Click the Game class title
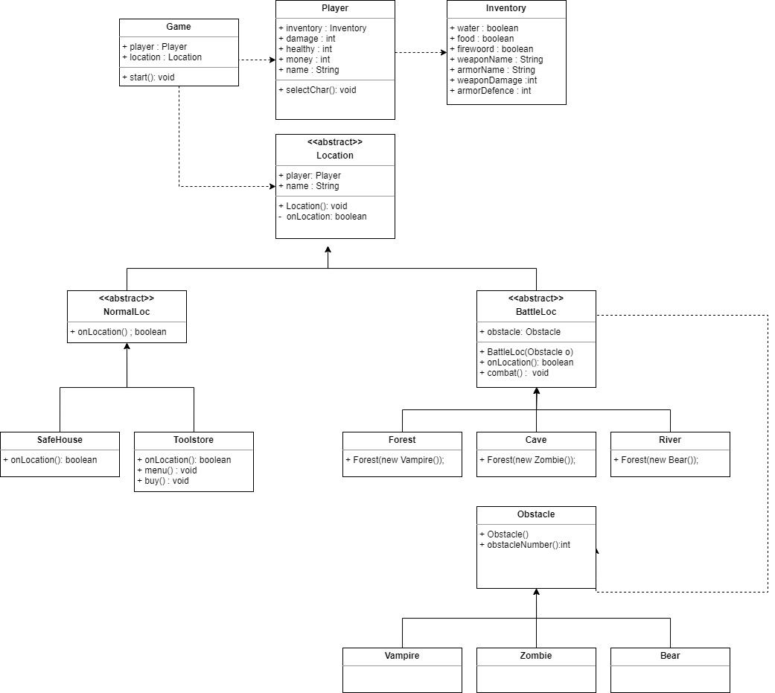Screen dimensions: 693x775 pyautogui.click(x=179, y=27)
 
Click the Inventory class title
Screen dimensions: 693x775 pyautogui.click(x=505, y=8)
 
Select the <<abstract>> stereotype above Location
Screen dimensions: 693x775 pyautogui.click(x=335, y=142)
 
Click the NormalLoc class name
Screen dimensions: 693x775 pyautogui.click(x=127, y=312)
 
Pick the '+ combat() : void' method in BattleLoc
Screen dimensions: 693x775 pyautogui.click(x=514, y=373)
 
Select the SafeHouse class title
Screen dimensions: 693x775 pyautogui.click(x=60, y=440)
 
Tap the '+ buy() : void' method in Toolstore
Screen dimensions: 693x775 pyautogui.click(x=163, y=481)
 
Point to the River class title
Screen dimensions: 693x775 pyautogui.click(x=669, y=440)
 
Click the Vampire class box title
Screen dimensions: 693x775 pyautogui.click(x=402, y=656)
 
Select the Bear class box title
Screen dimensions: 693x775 pyautogui.click(x=669, y=656)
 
